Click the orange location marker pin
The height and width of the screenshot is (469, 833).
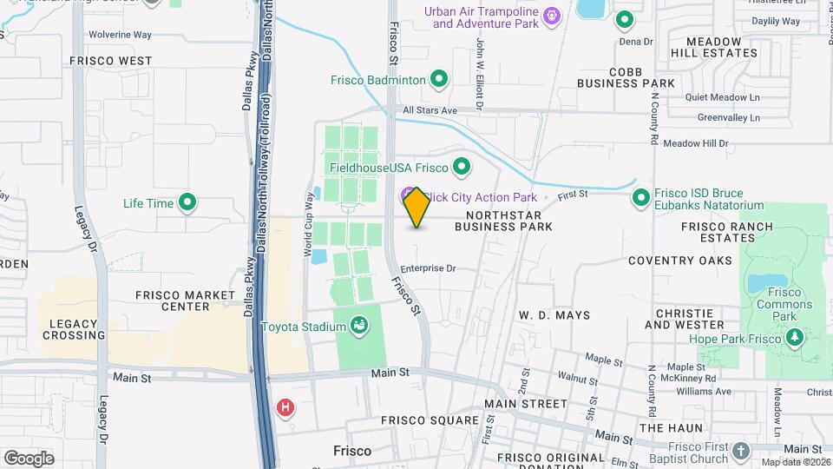416,208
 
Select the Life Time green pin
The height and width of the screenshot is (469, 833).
187,203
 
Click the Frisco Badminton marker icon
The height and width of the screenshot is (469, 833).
439,80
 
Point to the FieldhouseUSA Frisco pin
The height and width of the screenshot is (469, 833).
462,167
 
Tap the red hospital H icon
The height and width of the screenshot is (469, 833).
285,406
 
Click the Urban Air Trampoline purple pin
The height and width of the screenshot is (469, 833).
550,16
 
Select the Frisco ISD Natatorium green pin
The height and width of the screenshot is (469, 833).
641,198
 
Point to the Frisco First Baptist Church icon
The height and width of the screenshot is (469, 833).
740,451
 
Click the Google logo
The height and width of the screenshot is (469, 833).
29,458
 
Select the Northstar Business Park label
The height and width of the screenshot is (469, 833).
503,221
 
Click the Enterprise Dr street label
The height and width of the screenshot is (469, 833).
428,268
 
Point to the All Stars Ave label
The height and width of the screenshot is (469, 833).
430,111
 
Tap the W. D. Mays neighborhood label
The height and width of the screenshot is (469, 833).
554,315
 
